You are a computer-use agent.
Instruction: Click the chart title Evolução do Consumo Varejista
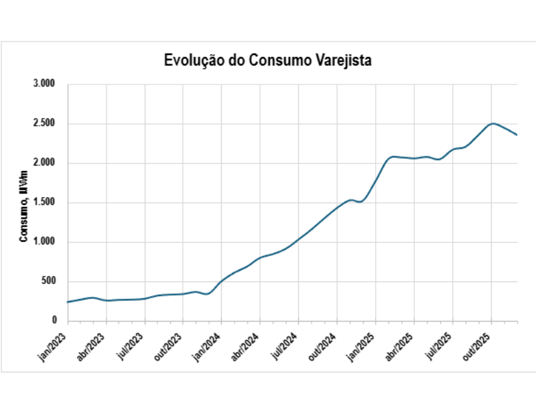[x=267, y=60]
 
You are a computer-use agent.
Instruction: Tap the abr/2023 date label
[x=92, y=344]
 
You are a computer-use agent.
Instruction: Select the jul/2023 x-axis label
[x=131, y=343]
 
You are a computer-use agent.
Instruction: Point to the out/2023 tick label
[x=169, y=344]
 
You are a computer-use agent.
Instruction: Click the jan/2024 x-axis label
[x=208, y=344]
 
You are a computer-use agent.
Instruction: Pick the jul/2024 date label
[x=285, y=343]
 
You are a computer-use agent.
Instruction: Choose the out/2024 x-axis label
[x=323, y=344]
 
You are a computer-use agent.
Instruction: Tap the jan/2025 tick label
[x=362, y=344]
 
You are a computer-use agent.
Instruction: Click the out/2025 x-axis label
[x=477, y=344]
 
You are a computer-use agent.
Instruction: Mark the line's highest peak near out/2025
[x=493, y=123]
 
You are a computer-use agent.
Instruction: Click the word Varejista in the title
[x=340, y=60]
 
